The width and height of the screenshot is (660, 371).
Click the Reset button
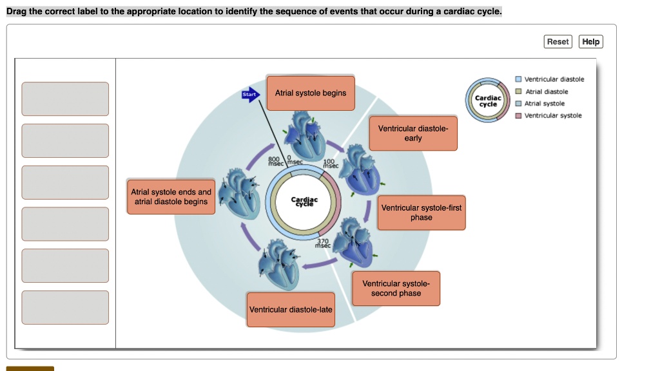tap(558, 42)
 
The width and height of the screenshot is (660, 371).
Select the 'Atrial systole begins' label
tap(311, 93)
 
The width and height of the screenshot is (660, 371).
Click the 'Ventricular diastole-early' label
tap(413, 133)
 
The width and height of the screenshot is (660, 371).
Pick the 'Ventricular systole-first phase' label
tap(422, 213)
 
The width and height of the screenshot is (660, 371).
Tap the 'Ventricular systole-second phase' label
tap(396, 289)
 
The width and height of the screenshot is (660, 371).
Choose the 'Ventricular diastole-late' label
tap(291, 310)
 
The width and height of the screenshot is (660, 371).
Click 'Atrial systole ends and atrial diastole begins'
tap(171, 197)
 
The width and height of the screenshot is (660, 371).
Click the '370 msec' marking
tap(322, 243)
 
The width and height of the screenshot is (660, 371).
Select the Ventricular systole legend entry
tap(552, 116)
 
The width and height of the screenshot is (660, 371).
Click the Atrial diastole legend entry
tap(546, 91)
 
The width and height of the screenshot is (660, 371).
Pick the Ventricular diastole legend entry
tap(554, 79)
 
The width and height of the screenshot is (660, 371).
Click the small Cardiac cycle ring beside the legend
tap(488, 100)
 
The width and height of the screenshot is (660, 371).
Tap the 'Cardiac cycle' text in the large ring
tap(304, 202)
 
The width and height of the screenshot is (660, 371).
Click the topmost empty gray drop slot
tap(65, 99)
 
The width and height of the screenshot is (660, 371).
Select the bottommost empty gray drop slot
tap(65, 307)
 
